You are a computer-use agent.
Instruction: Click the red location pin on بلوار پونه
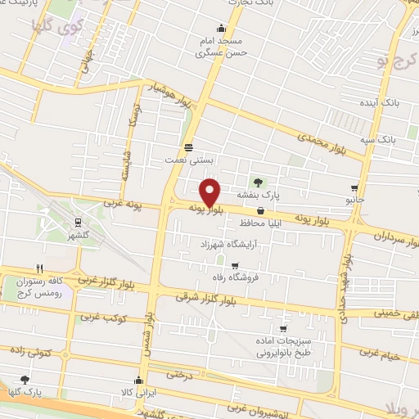click(210, 191)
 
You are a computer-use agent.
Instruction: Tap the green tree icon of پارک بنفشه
click(259, 181)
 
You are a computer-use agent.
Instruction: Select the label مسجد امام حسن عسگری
click(217, 47)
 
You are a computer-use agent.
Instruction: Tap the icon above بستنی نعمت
click(189, 147)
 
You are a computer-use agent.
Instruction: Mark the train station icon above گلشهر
click(78, 222)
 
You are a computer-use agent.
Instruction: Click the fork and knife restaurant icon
click(38, 268)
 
